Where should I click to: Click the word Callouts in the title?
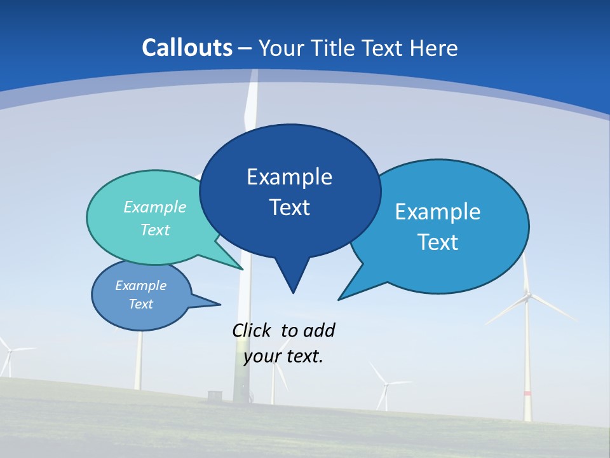(187, 48)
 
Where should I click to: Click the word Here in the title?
(435, 48)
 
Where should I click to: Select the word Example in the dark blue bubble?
(289, 176)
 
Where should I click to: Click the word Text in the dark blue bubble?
(289, 207)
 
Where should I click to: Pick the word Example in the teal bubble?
(155, 207)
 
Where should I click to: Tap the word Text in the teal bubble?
(155, 230)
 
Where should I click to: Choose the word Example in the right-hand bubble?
(438, 211)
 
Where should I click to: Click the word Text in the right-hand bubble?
(438, 242)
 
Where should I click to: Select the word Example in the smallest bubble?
(141, 286)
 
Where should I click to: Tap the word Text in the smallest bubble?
(141, 304)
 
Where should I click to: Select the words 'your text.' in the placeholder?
(283, 356)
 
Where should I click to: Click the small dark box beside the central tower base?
(213, 396)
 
